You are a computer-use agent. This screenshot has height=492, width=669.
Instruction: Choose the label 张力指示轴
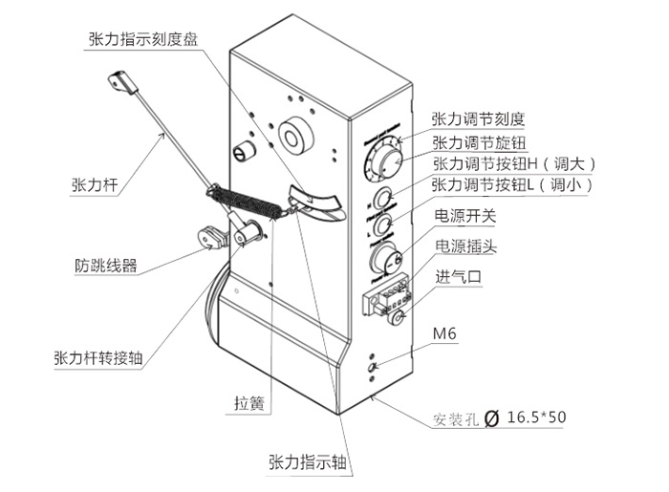(x=307, y=463)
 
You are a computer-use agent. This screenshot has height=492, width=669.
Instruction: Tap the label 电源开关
(x=465, y=216)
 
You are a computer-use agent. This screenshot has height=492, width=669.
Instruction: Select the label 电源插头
(x=465, y=246)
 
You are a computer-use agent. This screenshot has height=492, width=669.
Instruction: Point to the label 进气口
(x=459, y=278)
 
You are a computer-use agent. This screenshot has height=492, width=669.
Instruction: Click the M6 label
(x=445, y=335)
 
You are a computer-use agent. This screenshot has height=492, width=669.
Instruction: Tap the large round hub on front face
(x=295, y=135)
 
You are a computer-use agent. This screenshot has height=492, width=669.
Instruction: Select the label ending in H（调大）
(x=514, y=163)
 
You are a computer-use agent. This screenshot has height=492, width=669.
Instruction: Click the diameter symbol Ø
(x=492, y=417)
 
